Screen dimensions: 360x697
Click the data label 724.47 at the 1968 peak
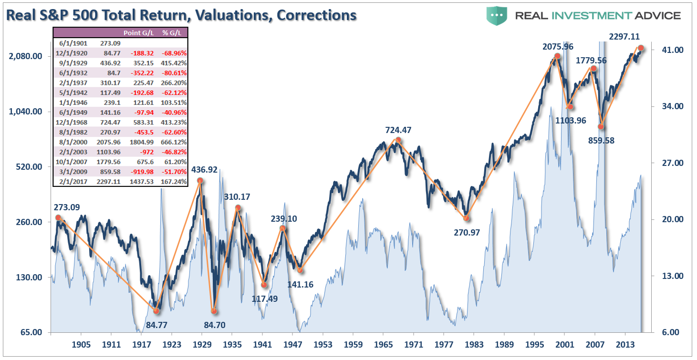(398, 130)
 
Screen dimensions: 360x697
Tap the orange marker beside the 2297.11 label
(641, 48)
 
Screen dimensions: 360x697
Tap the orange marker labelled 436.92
(200, 181)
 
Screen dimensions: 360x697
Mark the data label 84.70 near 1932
(214, 325)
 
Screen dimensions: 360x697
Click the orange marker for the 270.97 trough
(466, 218)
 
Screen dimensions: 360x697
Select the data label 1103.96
(571, 120)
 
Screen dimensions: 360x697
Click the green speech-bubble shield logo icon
(497, 16)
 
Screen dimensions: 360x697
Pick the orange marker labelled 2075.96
(557, 56)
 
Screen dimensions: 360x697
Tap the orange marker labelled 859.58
(601, 126)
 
